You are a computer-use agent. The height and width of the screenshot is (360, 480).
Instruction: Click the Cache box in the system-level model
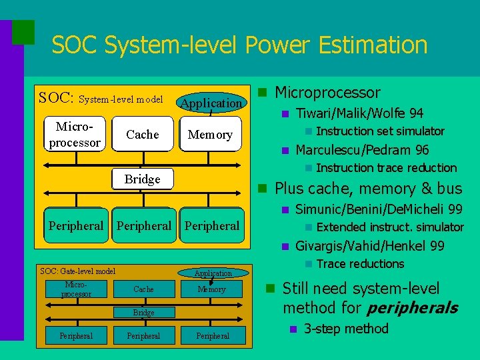[143, 135]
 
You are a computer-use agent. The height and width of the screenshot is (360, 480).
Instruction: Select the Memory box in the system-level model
[210, 135]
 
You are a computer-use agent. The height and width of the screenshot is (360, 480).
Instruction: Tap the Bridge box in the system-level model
[143, 179]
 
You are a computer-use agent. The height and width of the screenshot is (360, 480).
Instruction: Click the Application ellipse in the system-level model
[211, 103]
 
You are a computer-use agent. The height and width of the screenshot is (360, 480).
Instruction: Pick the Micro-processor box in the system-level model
[75, 135]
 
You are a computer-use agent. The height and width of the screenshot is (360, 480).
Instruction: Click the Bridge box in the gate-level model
[143, 312]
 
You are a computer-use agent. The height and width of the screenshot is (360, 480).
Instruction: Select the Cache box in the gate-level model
[143, 289]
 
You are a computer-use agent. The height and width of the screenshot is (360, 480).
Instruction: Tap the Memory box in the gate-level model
[212, 289]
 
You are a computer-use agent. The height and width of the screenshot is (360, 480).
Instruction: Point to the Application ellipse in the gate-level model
[213, 273]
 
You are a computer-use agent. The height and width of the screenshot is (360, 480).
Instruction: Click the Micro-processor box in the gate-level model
[76, 289]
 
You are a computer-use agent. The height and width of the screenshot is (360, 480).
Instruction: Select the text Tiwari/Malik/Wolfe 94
[359, 113]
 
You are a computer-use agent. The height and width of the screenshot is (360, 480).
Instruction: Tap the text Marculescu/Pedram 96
[361, 150]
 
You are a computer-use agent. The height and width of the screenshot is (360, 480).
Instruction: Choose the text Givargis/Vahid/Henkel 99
[369, 246]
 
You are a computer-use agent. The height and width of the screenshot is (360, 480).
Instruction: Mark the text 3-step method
[345, 329]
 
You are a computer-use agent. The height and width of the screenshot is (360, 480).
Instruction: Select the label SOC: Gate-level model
[78, 271]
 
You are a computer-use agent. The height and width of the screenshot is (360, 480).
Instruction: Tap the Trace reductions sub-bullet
[360, 264]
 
